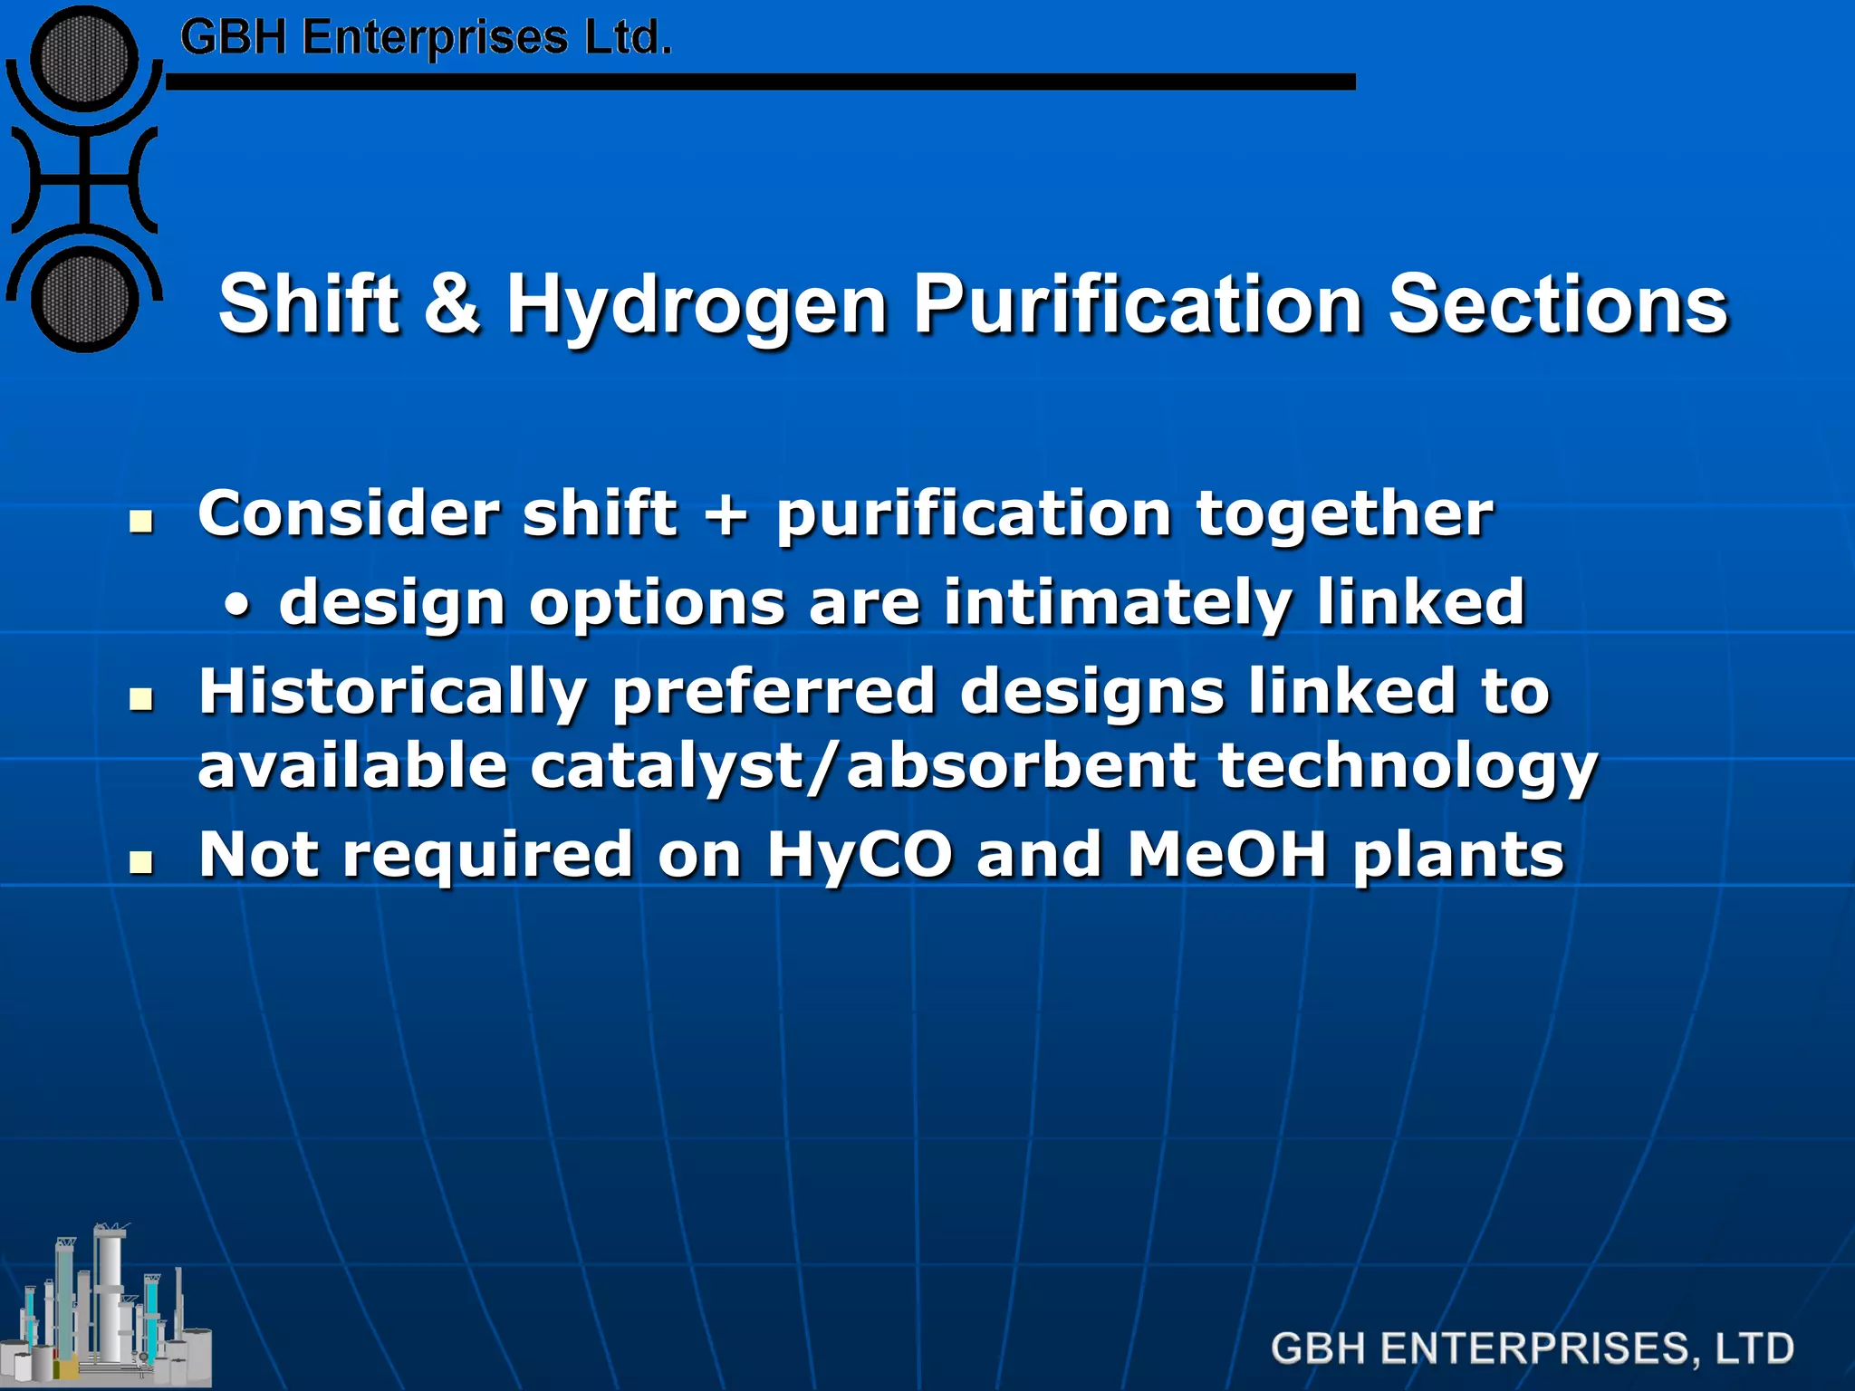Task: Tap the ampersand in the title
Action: click(x=451, y=303)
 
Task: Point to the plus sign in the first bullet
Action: click(x=727, y=514)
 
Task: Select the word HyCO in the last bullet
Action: click(x=860, y=854)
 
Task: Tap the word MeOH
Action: click(x=1227, y=854)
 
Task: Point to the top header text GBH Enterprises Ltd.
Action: click(x=426, y=38)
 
